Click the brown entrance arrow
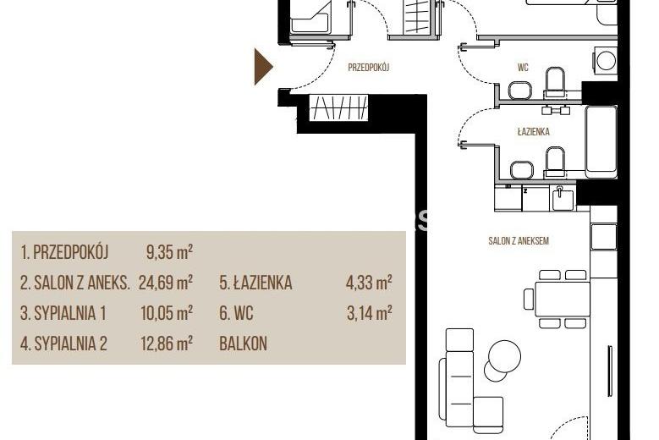(263, 67)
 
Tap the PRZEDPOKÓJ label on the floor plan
(369, 67)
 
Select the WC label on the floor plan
(523, 67)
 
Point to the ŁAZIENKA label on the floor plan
(533, 131)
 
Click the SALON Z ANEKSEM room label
(519, 241)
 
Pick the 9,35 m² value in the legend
(169, 252)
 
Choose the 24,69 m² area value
(166, 283)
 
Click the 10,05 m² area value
(167, 313)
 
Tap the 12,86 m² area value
(167, 344)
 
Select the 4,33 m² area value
(369, 283)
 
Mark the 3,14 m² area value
(370, 313)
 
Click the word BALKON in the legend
(243, 344)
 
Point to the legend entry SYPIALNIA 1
(63, 314)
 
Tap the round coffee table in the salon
(503, 356)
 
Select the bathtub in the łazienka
(601, 140)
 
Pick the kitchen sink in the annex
(563, 199)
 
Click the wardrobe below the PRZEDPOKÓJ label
(338, 107)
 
